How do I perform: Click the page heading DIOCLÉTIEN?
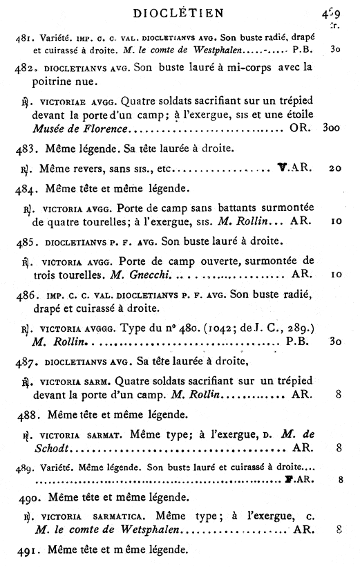point(180,12)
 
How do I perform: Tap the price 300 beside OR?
point(336,129)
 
